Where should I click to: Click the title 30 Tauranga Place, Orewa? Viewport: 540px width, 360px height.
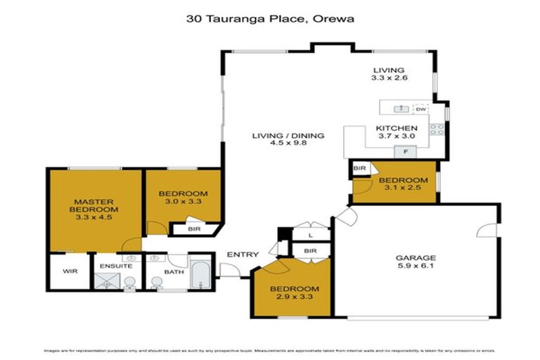pos(270,19)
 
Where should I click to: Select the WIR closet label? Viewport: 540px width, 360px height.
pos(70,271)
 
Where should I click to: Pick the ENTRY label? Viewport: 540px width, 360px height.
pos(243,255)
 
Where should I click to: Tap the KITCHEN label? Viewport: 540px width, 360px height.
pos(397,127)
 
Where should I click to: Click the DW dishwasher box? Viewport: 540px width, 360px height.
pos(420,109)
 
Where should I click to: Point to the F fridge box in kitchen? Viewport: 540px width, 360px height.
pos(404,151)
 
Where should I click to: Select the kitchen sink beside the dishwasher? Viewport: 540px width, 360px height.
pos(401,109)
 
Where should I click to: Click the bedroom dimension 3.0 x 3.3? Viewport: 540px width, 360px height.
pos(182,203)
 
